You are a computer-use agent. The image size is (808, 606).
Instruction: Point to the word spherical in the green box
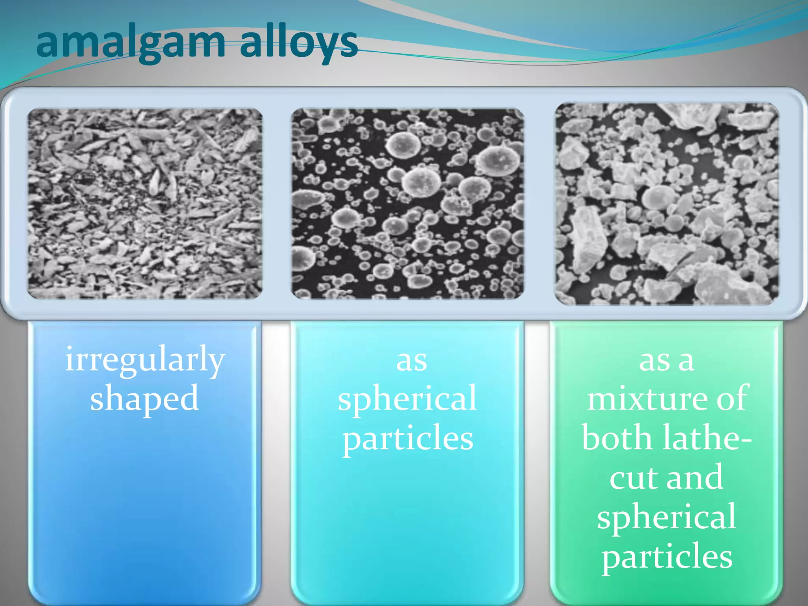(x=666, y=517)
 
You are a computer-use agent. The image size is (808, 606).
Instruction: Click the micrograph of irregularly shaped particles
(x=145, y=204)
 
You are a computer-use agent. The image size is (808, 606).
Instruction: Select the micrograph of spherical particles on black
(x=408, y=204)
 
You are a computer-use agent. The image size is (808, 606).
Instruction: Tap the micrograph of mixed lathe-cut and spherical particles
(x=667, y=204)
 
